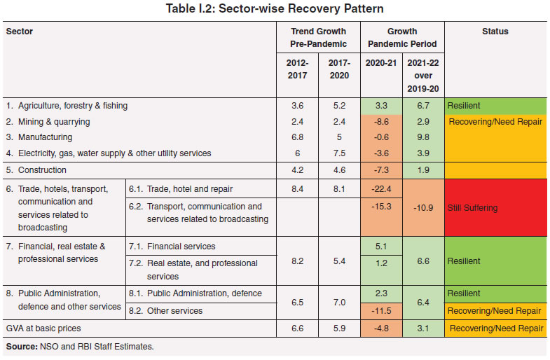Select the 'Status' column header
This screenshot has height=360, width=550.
pyautogui.click(x=495, y=32)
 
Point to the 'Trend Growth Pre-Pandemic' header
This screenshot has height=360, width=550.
pyautogui.click(x=319, y=36)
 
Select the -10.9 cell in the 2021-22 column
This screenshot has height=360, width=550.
pyautogui.click(x=422, y=208)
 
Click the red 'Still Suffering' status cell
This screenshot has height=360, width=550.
pyautogui.click(x=495, y=208)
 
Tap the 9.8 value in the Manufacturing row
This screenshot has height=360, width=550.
pyautogui.click(x=422, y=137)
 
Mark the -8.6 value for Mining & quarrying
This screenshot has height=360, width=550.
pyautogui.click(x=380, y=122)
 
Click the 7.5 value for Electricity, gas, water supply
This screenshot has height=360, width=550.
pyautogui.click(x=339, y=153)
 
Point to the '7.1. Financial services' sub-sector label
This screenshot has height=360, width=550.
pyautogui.click(x=172, y=247)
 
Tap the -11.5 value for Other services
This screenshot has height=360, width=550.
pyautogui.click(x=380, y=311)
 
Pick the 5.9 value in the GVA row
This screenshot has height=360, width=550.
pyautogui.click(x=339, y=328)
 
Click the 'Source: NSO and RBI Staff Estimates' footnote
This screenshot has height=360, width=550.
pyautogui.click(x=78, y=346)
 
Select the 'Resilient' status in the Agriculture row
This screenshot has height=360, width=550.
pyautogui.click(x=464, y=106)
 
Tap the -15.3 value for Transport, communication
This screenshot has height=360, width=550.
pyautogui.click(x=380, y=207)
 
